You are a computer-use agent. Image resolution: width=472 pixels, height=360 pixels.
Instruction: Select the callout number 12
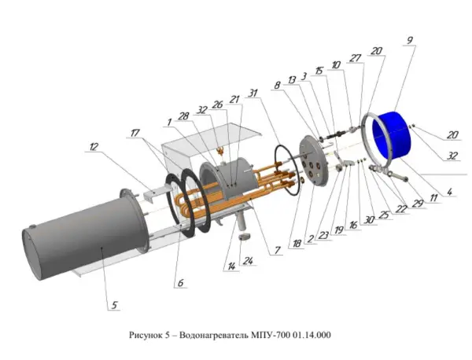click(x=94, y=146)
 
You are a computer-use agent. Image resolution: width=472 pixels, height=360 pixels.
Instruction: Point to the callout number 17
click(x=138, y=134)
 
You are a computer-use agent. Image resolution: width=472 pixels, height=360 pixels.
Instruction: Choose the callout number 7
click(x=277, y=251)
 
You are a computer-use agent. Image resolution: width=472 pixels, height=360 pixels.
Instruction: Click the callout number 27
click(x=356, y=57)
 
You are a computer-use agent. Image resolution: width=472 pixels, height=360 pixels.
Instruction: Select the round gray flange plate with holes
click(x=313, y=162)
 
